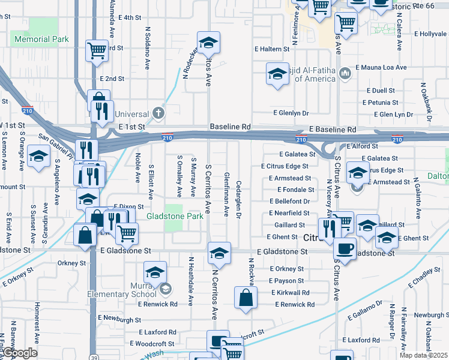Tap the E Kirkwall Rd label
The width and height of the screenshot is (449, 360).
point(290,293)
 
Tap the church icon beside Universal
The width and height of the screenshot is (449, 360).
point(158,113)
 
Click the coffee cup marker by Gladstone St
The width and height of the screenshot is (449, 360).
point(345,247)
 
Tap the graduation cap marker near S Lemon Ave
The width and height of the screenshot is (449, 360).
point(39,157)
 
